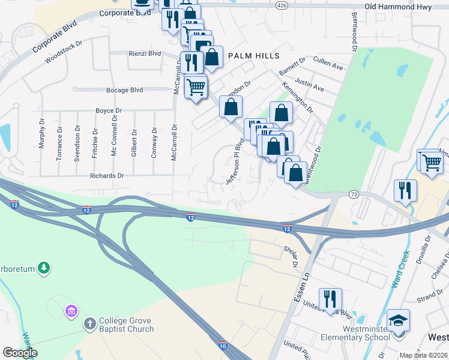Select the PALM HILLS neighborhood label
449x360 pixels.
tap(254, 56)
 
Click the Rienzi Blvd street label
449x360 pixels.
tap(145, 53)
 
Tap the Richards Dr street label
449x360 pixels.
tap(106, 176)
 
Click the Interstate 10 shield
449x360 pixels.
tap(222, 345)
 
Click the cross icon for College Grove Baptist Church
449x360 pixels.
tap(89, 324)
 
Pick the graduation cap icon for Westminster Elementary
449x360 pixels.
tap(398, 319)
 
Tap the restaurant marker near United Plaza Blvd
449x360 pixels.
tap(330, 298)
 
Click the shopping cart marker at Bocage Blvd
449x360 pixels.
tap(196, 87)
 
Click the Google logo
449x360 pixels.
tap(20, 353)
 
